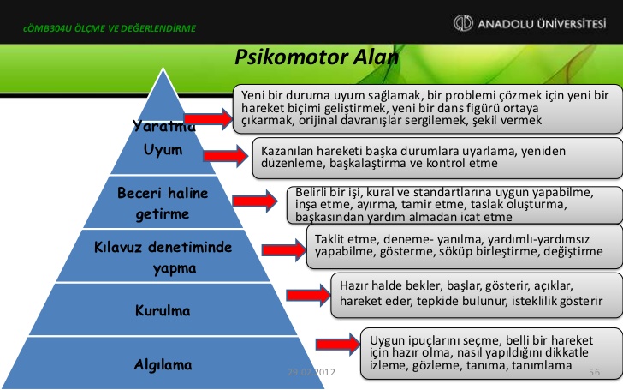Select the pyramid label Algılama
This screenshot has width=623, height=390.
163,364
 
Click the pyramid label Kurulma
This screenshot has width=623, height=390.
162,309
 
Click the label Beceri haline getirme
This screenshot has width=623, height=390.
163,201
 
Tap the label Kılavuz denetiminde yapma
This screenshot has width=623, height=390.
163,257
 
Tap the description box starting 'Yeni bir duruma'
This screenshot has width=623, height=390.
425,109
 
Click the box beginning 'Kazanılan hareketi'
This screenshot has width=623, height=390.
436,156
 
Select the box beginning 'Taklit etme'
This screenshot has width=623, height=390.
459,244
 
